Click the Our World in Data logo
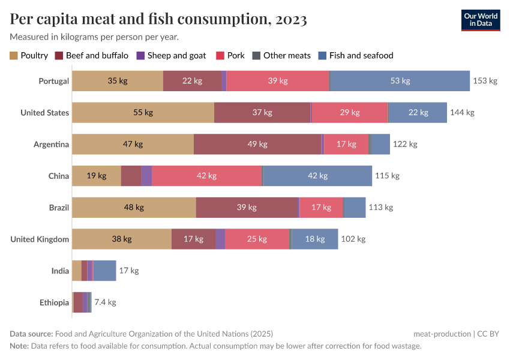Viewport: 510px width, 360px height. tap(480, 20)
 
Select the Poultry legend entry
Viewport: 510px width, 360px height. tap(29, 56)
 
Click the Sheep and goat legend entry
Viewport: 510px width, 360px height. tap(172, 56)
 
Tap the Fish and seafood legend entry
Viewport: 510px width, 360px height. tap(356, 56)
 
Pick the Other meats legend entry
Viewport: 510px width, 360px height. tap(281, 56)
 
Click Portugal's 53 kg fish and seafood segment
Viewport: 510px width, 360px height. tap(400, 81)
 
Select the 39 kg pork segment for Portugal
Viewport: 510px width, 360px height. tap(278, 81)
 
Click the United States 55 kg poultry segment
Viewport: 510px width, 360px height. tap(143, 113)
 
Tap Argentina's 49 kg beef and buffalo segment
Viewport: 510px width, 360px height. tap(257, 145)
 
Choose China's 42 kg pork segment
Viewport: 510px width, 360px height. tap(206, 176)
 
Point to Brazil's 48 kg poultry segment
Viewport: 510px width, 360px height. tap(134, 208)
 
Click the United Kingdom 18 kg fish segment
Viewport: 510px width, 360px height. tap(314, 239)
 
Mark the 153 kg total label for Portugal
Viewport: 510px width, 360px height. tap(485, 81)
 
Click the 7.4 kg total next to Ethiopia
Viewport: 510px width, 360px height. tap(105, 302)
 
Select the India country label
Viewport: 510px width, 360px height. tap(60, 271)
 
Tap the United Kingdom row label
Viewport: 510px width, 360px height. tap(40, 239)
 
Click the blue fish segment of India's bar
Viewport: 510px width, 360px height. tap(104, 271)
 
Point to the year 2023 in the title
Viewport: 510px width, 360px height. tap(291, 20)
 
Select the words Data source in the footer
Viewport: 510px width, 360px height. tap(31, 334)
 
